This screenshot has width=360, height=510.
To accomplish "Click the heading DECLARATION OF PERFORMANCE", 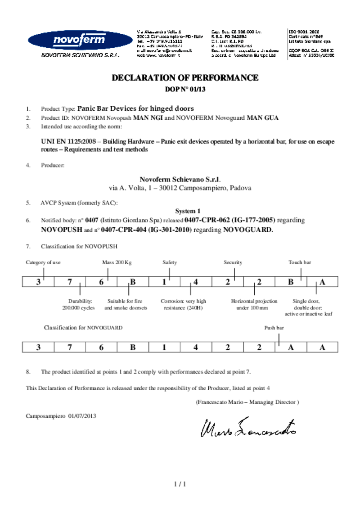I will (x=185, y=78).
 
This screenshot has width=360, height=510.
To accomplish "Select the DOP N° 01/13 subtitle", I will (x=185, y=89).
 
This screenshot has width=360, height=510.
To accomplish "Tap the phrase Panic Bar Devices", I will (x=106, y=108).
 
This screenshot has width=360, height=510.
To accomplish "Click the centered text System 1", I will (x=188, y=211).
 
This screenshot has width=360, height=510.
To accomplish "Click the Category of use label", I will (x=43, y=262).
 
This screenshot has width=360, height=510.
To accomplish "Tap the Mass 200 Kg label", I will (x=117, y=262).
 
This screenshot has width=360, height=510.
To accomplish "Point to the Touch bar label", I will (x=300, y=262).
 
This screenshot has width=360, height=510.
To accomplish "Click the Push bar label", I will (x=274, y=328).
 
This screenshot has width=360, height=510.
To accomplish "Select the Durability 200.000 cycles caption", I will (x=78, y=304).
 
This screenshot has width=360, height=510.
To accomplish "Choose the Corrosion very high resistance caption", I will (x=183, y=304).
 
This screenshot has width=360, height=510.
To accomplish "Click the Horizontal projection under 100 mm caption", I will (x=254, y=304).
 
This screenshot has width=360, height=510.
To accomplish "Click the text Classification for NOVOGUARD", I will (x=83, y=328).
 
